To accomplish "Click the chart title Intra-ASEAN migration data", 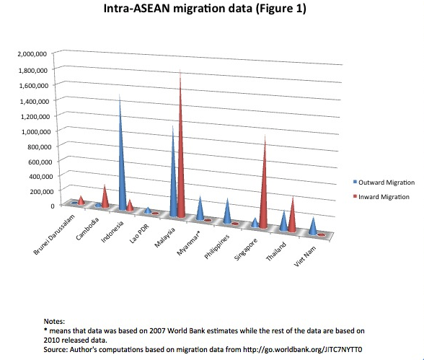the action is [179, 9].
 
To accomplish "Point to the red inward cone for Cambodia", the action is [105, 199].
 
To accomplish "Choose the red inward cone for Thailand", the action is [292, 218].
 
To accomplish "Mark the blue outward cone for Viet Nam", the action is [313, 227].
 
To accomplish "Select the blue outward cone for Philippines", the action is [227, 214].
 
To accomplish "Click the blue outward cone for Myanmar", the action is [200, 210].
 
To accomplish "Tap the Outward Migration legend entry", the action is [384, 183].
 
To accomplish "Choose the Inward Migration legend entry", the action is [381, 197].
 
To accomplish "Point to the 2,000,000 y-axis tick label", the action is [32, 53].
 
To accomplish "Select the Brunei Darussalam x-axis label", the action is [54, 234].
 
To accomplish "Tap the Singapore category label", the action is [246, 250].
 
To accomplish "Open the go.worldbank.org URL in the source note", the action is [302, 349].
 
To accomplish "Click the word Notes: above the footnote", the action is [54, 321].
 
